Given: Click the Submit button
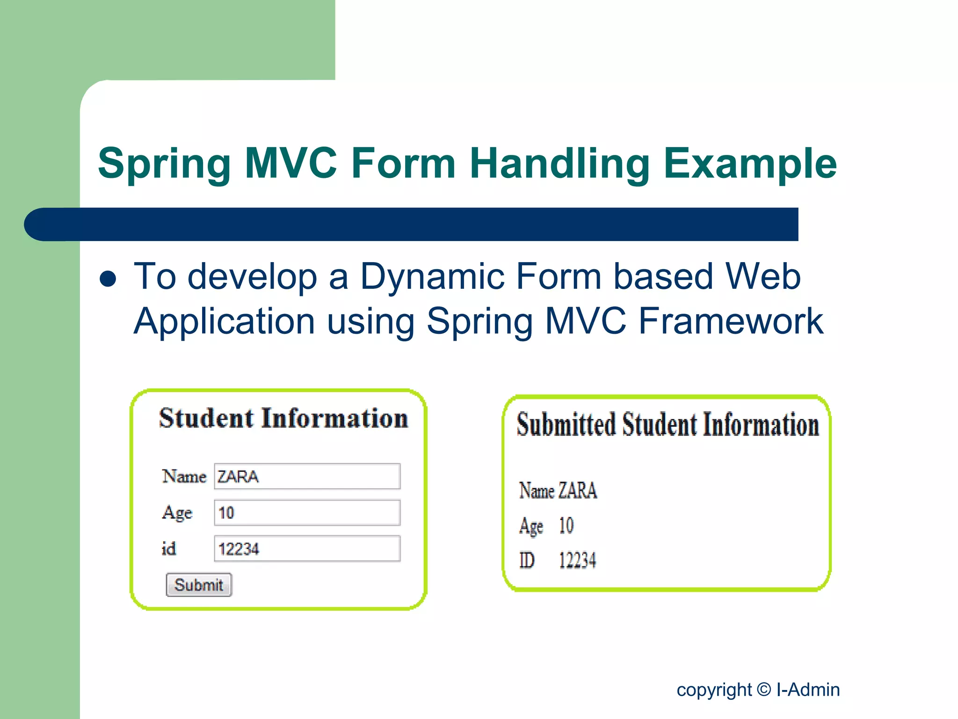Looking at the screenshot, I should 199,585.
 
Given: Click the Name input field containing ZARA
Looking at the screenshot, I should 307,477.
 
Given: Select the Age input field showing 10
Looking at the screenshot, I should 307,513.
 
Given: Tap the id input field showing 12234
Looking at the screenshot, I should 307,549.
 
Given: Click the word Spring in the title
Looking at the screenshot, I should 165,164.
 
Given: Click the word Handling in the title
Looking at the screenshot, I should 559,164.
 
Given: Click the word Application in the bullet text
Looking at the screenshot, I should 224,322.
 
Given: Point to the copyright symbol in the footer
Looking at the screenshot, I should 763,690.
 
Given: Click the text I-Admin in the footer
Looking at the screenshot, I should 808,690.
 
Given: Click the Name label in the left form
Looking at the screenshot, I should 184,477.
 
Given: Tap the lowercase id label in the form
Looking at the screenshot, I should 169,549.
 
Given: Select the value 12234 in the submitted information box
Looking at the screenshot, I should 577,560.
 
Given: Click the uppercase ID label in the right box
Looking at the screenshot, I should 527,560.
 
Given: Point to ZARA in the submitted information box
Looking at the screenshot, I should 578,491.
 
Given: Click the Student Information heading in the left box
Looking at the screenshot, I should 283,418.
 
